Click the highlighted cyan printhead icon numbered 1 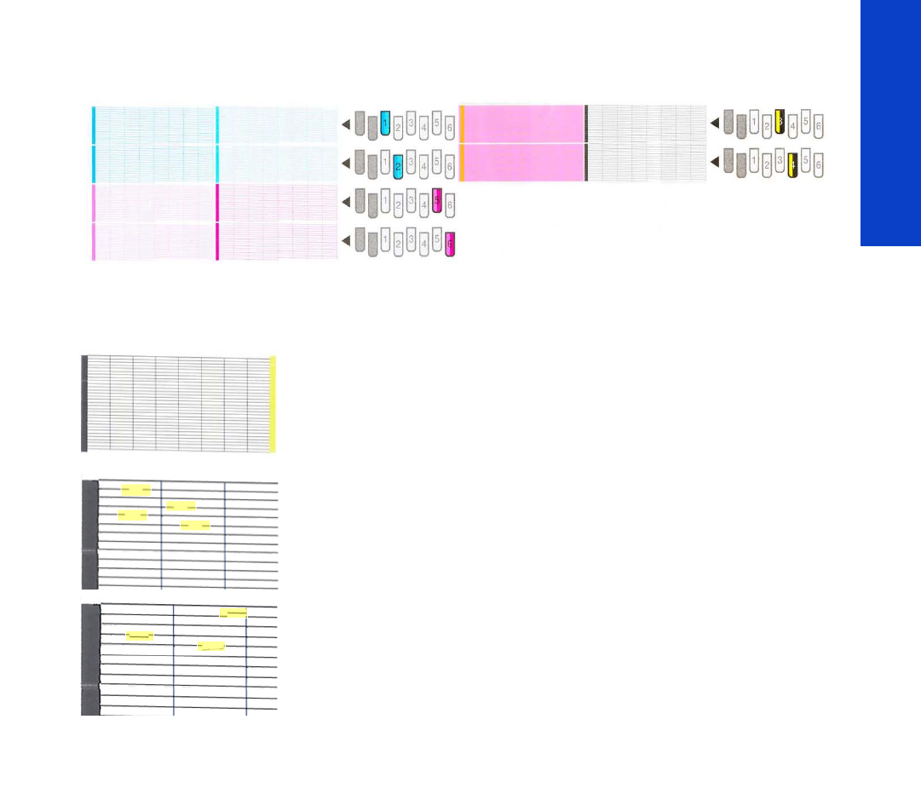385,124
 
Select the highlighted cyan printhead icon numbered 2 398,164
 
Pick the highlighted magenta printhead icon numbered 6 450,244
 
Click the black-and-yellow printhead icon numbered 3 780,124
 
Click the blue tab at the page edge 890,124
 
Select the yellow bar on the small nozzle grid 273,404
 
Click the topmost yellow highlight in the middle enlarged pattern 136,489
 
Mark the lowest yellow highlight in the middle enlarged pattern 195,525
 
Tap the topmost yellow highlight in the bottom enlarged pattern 233,613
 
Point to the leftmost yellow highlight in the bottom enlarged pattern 140,635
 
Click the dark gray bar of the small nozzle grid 84,404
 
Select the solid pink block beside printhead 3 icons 521,124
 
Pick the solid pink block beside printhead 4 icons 521,162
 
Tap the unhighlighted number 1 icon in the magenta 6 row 385,244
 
